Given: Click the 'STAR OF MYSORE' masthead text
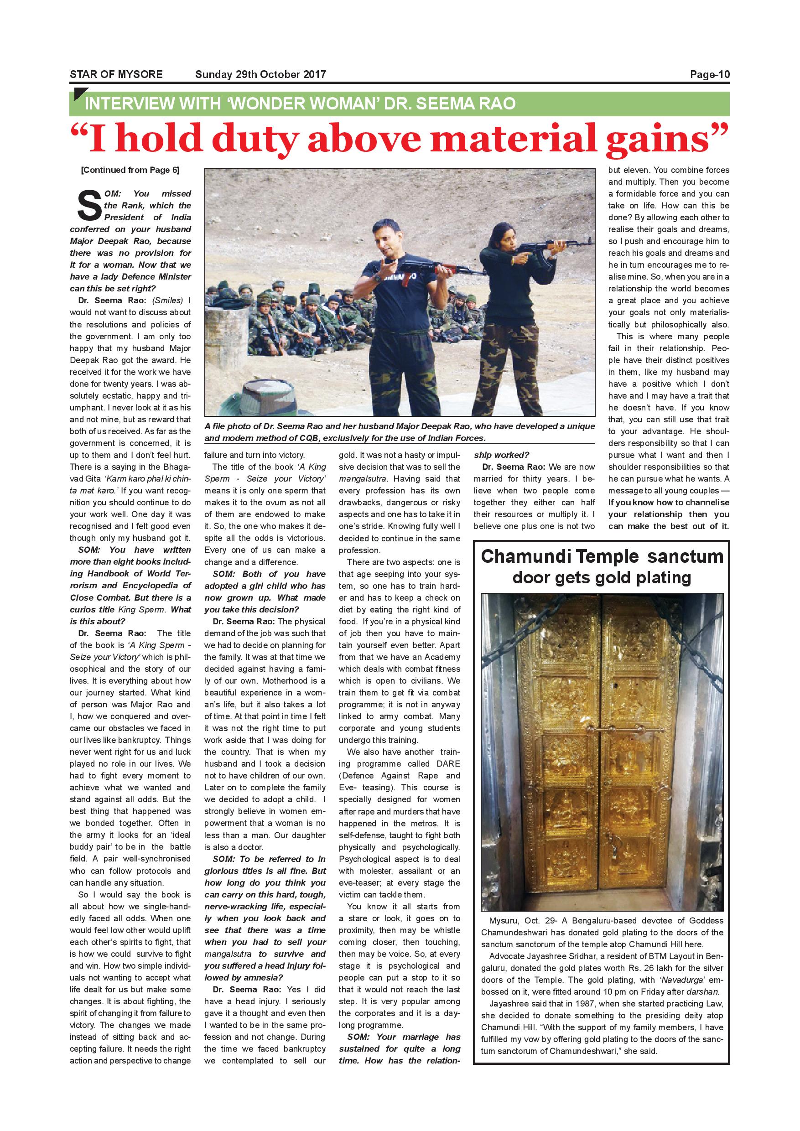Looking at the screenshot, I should [116, 75].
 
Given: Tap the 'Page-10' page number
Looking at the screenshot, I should [709, 75].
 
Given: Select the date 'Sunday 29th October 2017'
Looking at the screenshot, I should [260, 75].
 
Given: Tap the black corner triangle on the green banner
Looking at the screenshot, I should [79, 93].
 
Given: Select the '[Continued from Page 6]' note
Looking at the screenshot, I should [130, 171].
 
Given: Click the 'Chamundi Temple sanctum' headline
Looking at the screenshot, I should [602, 557].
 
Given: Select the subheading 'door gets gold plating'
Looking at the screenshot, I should [602, 577].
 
